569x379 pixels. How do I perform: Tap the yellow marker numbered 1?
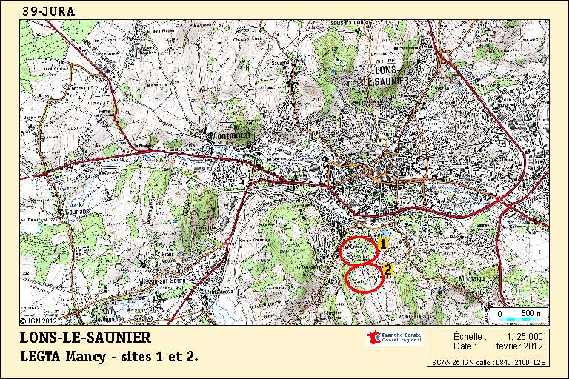(383, 242)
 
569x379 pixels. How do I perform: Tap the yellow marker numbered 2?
(387, 269)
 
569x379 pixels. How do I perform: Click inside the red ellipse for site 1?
(359, 250)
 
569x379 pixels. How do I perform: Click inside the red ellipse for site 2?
(365, 278)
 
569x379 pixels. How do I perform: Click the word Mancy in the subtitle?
(87, 357)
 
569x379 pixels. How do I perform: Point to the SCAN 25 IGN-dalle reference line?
(490, 362)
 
